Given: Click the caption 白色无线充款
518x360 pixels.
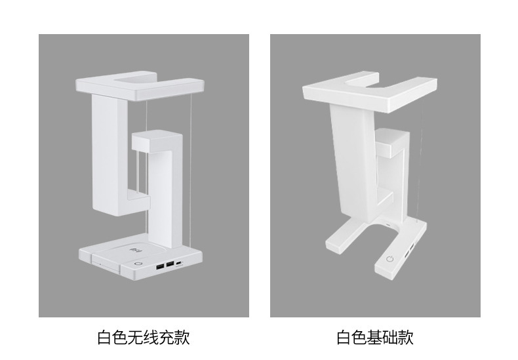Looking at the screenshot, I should coord(143,338).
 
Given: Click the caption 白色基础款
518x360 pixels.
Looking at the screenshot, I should coord(375,338).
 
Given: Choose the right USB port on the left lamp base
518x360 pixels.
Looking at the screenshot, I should coord(170,264).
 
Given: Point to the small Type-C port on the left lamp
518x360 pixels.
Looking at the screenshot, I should coord(181,263).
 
